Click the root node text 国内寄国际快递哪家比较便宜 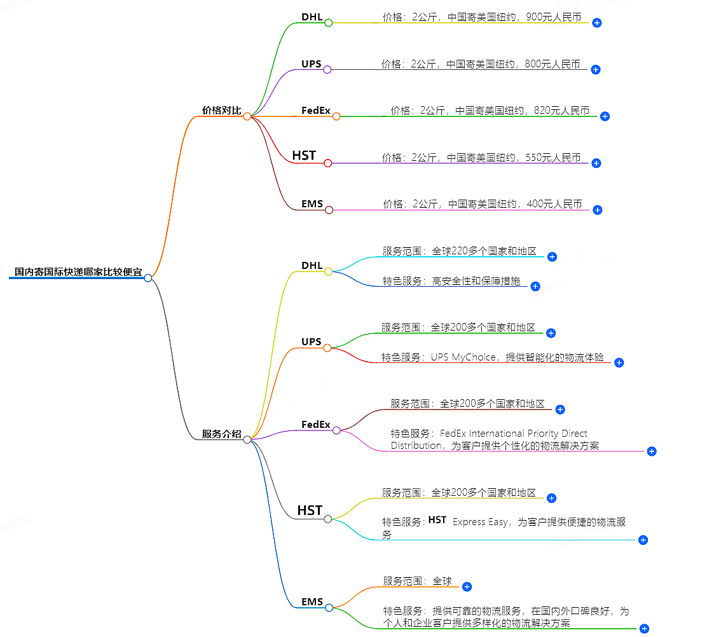(x=78, y=271)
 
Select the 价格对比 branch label (x=221, y=111)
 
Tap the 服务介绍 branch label (x=221, y=434)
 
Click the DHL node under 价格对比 (x=312, y=17)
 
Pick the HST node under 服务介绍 (x=310, y=510)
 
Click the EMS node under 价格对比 (x=312, y=205)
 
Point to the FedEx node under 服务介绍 (x=316, y=424)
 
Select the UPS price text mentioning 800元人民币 (x=481, y=64)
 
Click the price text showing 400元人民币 (x=482, y=204)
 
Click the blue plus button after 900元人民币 (x=596, y=23)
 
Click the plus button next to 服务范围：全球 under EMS (x=467, y=587)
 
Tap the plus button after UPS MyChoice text (x=619, y=362)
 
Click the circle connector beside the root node (x=148, y=278)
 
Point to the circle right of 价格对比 (x=247, y=116)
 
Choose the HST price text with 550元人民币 (x=481, y=158)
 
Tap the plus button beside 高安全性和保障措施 (x=535, y=287)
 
